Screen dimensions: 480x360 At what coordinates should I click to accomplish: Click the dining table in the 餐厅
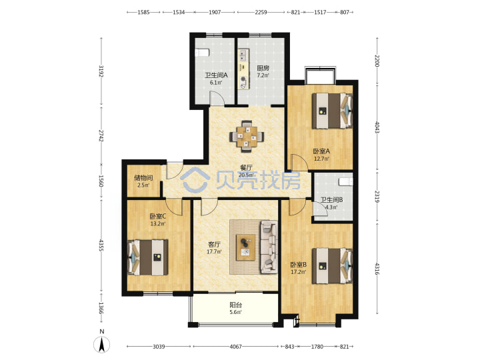point(247,136)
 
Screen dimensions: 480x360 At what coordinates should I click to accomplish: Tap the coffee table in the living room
point(245,247)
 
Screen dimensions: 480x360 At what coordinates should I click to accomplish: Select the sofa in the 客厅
point(269,247)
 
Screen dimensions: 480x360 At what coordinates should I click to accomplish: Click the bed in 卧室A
point(332,111)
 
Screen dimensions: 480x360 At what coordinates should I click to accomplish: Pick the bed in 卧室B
point(332,266)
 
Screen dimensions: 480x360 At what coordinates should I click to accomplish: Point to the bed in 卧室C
point(147,257)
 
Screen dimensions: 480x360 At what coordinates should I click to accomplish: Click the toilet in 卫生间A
point(202,53)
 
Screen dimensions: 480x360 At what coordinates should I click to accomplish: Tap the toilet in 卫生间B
point(346,181)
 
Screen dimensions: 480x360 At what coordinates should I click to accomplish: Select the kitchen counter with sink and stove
point(244,69)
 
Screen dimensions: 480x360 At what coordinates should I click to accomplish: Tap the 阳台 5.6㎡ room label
point(236,308)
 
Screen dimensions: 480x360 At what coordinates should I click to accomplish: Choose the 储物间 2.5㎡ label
point(143,181)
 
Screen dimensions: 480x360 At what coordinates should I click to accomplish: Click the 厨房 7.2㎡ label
point(263,71)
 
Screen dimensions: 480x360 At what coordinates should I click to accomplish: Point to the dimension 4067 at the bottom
point(236,347)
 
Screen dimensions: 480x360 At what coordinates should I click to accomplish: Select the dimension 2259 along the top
point(261,12)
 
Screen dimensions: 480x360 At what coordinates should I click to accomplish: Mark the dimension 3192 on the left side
point(101,71)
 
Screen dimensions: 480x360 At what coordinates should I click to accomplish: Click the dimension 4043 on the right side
point(377,127)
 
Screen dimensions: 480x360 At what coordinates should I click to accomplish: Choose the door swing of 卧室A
point(299,162)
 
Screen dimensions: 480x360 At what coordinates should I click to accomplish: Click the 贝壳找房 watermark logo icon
point(195,180)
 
